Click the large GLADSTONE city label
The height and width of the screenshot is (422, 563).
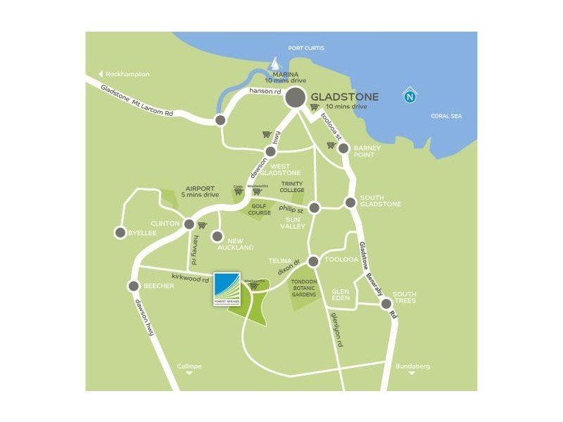[345, 97]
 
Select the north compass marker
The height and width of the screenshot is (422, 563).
[409, 96]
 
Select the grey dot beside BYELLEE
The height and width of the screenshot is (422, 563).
[120, 233]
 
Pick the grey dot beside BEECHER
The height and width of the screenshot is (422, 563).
[134, 286]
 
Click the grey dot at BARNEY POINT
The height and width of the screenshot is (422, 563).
[343, 148]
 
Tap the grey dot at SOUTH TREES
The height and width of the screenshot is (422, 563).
[386, 304]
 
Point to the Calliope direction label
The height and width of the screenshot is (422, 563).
[189, 366]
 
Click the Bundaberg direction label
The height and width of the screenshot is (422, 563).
[412, 366]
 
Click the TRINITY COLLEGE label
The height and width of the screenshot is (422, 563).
[291, 186]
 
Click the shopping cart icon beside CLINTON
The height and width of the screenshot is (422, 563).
[202, 225]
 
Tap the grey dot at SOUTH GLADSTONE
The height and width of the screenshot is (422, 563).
[350, 203]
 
